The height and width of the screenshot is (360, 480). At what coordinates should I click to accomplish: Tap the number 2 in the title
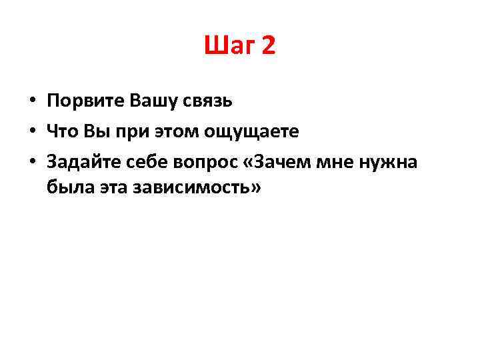pyautogui.click(x=269, y=46)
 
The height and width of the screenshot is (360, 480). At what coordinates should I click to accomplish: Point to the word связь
pyautogui.click(x=208, y=102)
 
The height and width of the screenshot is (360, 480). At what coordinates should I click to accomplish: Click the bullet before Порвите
pyautogui.click(x=31, y=102)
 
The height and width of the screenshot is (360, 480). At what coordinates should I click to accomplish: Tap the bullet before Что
pyautogui.click(x=31, y=132)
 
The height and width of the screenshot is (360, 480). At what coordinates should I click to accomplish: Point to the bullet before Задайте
pyautogui.click(x=31, y=162)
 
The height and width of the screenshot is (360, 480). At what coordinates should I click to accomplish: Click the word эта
pyautogui.click(x=109, y=189)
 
